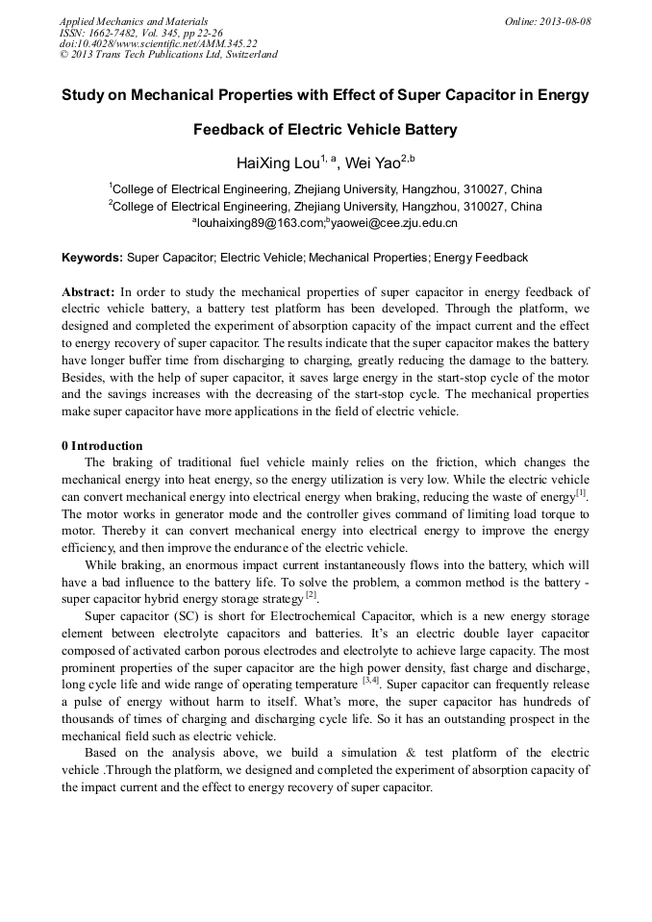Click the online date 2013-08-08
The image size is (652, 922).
click(x=566, y=21)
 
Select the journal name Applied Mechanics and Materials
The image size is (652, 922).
click(x=133, y=21)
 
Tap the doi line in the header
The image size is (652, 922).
click(x=158, y=43)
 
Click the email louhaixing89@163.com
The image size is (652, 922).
click(x=257, y=223)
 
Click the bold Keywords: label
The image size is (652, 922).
click(x=92, y=258)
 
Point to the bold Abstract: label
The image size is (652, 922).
click(x=88, y=291)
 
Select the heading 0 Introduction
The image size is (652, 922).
click(x=102, y=445)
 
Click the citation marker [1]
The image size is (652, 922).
click(x=581, y=493)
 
